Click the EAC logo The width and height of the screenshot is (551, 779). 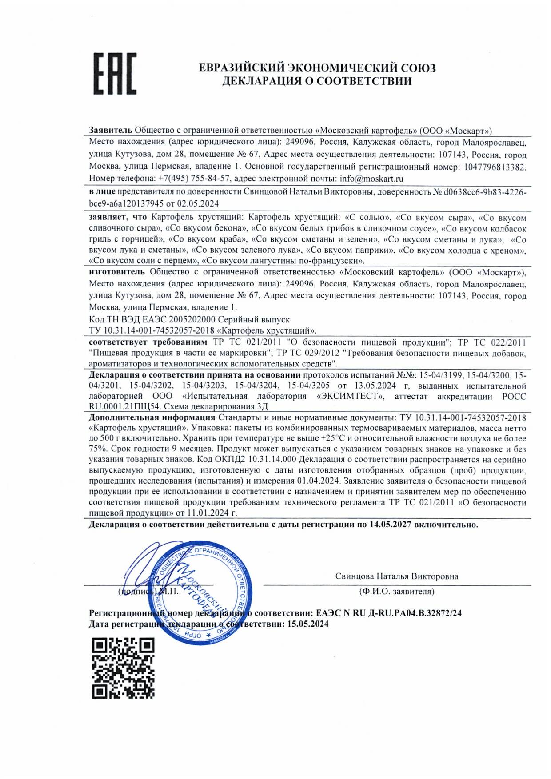click(x=115, y=74)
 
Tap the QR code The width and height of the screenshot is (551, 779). click(x=123, y=668)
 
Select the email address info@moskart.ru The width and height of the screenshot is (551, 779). click(x=371, y=179)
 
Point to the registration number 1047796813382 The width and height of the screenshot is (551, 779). click(x=495, y=167)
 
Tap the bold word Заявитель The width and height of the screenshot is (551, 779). click(x=110, y=131)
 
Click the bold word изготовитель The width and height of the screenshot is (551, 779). click(x=117, y=272)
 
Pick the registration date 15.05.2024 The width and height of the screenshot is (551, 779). click(x=308, y=624)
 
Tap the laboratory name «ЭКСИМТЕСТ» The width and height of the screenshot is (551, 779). click(x=350, y=396)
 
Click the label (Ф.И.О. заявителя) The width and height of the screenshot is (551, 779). click(x=396, y=592)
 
